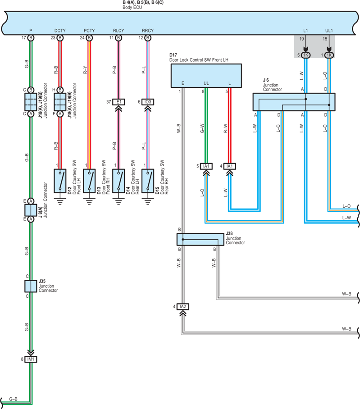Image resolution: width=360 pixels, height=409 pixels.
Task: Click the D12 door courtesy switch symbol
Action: pos(60,181)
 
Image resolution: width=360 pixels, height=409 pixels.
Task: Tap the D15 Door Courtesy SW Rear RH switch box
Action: pos(148,181)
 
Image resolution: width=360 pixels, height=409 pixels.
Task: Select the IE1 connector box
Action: pos(118,102)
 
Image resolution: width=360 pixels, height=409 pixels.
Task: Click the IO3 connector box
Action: pos(148,102)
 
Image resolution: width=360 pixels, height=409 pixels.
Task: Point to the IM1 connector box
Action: pos(31,359)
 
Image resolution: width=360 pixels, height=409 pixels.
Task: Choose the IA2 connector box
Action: pos(183,306)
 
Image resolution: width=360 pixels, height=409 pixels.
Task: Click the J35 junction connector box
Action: pos(31,286)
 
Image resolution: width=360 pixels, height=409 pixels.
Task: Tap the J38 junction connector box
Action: pos(201,240)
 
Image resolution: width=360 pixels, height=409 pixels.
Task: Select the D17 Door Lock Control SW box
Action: pos(206,76)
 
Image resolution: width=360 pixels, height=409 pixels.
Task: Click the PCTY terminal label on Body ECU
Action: pos(89,31)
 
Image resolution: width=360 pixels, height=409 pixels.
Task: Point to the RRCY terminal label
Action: pos(148,31)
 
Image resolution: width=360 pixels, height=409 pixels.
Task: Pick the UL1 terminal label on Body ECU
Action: pos(329,31)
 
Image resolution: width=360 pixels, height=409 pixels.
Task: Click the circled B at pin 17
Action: pos(31,38)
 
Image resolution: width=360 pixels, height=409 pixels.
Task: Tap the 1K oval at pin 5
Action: pos(305,55)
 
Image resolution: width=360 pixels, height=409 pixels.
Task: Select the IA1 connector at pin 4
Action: pos(230,166)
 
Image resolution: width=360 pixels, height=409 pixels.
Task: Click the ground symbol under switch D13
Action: pos(89,201)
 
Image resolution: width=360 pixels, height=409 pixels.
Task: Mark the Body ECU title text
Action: pos(132,7)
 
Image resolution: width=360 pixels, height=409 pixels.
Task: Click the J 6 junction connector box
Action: pos(294,102)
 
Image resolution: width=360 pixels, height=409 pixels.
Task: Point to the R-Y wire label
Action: pos(85,70)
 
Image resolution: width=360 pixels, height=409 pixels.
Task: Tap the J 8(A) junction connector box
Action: pos(31,210)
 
